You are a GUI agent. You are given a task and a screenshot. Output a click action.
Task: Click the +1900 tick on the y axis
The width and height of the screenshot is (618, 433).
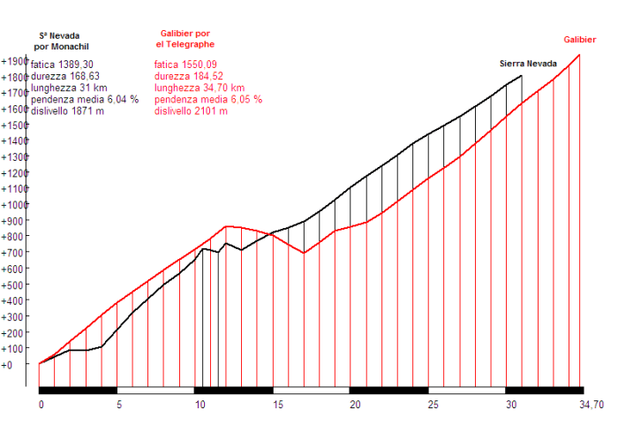[x=16, y=61]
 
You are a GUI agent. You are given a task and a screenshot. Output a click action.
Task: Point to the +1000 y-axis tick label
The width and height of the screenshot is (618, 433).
[x=16, y=204]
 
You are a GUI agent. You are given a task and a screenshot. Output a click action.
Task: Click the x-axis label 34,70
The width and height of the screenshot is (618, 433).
[x=591, y=405]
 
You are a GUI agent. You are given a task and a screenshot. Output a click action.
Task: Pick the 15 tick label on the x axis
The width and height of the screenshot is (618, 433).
[x=278, y=405]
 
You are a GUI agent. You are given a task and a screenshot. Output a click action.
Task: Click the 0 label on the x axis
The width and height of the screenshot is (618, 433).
[x=41, y=405]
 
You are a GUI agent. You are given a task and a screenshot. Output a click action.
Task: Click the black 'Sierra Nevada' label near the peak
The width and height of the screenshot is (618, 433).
[x=528, y=64]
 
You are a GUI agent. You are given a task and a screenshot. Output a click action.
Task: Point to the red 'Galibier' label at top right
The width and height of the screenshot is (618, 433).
[x=580, y=39]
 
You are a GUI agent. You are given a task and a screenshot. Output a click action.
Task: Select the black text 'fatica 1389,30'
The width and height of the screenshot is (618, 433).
[x=62, y=65]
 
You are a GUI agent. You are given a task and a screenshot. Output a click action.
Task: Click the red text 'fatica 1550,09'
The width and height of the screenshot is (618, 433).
[x=185, y=65]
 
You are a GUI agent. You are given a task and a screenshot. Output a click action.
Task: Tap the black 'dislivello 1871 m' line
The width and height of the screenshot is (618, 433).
[x=68, y=111]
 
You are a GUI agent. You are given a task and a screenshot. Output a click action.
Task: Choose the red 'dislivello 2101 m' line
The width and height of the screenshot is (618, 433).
[x=192, y=111]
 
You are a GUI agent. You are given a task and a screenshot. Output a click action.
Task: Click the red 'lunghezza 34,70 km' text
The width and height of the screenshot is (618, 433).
[x=200, y=87]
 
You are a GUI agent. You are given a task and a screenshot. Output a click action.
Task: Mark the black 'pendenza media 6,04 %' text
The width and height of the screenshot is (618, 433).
[x=85, y=100]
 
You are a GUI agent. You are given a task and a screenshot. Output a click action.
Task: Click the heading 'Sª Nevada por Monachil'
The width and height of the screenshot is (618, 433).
[x=61, y=41]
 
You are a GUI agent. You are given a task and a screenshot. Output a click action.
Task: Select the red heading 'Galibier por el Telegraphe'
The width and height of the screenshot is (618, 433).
[x=185, y=39]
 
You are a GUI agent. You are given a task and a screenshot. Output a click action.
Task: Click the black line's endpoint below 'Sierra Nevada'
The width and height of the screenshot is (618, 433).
[x=522, y=76]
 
